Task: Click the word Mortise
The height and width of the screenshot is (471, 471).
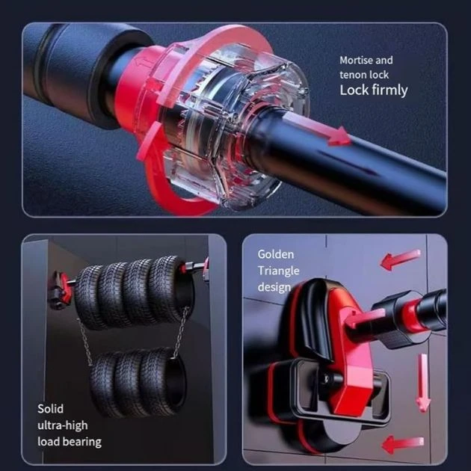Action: click(357, 60)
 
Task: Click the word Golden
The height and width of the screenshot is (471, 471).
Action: click(276, 254)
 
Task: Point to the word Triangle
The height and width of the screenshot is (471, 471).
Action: click(278, 271)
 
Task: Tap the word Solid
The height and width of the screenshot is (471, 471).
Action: click(51, 409)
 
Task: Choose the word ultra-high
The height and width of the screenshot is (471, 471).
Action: click(63, 425)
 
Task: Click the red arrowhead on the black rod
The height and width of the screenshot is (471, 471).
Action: click(339, 136)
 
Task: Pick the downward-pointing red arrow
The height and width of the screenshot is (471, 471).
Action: click(423, 383)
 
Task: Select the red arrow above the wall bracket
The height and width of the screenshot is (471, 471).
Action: click(401, 259)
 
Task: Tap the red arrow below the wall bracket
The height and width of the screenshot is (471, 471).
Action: click(402, 444)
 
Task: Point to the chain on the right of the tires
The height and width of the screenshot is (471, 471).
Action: click(182, 332)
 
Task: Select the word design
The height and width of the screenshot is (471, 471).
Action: click(274, 288)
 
